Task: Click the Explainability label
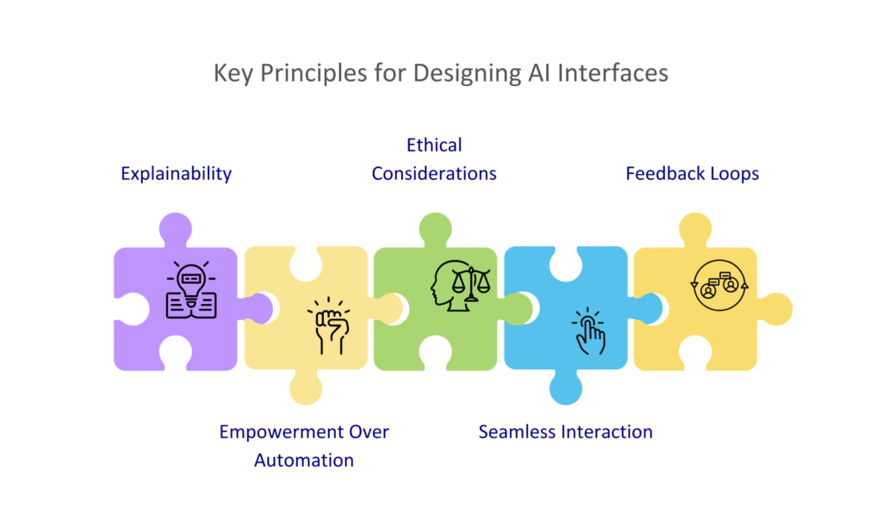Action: (176, 174)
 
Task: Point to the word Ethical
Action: (434, 145)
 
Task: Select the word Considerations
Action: (434, 174)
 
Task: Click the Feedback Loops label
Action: (693, 174)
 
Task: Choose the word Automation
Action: (304, 461)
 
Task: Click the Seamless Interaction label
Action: (566, 431)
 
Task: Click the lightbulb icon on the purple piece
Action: (191, 290)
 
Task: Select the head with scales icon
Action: (461, 286)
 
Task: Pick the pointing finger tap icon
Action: (588, 331)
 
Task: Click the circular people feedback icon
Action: (719, 286)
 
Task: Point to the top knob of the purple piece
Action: (176, 229)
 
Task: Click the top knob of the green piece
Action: (435, 229)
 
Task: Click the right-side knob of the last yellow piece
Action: (776, 309)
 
